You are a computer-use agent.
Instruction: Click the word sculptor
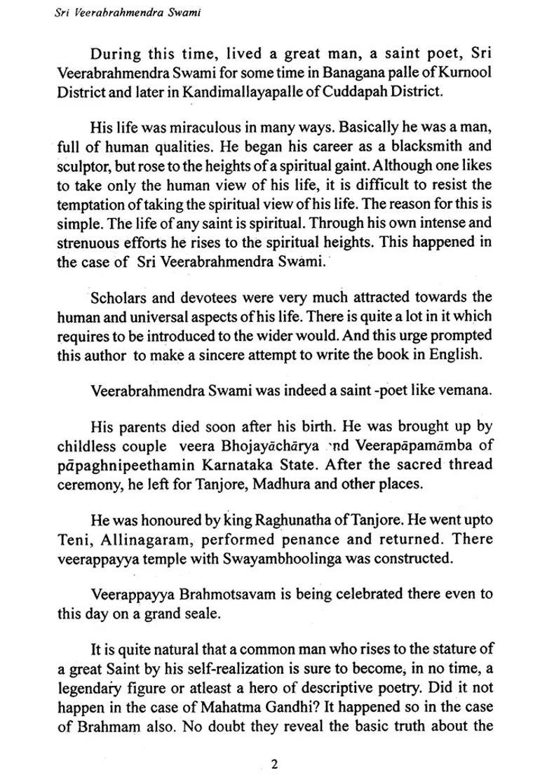pyautogui.click(x=81, y=165)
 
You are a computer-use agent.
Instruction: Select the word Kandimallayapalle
pyautogui.click(x=228, y=90)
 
